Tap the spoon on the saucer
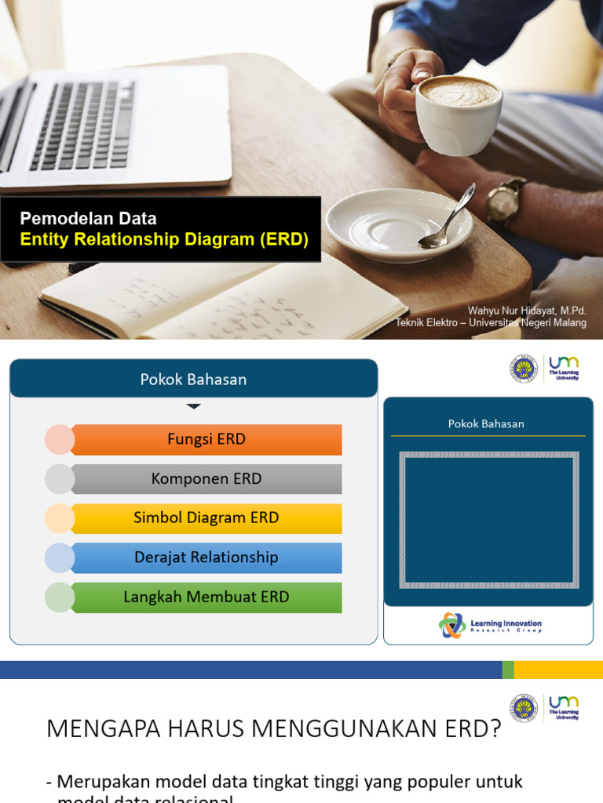(x=448, y=220)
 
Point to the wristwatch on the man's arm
(x=505, y=201)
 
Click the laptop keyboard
(x=82, y=125)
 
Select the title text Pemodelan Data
(x=88, y=219)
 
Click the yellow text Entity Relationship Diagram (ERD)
(x=164, y=240)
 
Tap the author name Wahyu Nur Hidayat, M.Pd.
(x=527, y=311)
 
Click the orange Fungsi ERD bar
(x=206, y=439)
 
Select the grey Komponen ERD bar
(x=206, y=479)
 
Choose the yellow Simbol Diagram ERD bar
(x=206, y=518)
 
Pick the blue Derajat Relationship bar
(x=206, y=558)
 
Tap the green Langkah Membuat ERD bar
(x=206, y=597)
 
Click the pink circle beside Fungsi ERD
(x=60, y=440)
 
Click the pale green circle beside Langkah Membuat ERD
(x=60, y=598)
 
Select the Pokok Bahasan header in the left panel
(x=193, y=380)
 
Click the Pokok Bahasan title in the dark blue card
(x=486, y=423)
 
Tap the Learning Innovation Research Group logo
(x=490, y=626)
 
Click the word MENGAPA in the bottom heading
(x=101, y=729)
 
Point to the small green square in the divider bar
(x=508, y=670)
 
